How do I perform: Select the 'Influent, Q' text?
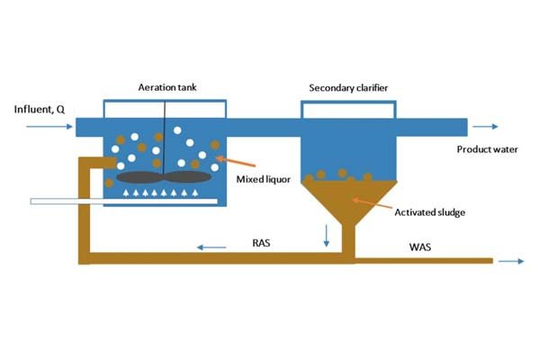pyautogui.click(x=40, y=110)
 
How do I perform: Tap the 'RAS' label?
pyautogui.click(x=261, y=241)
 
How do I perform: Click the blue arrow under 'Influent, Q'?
pyautogui.click(x=49, y=127)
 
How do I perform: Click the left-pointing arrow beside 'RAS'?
pyautogui.click(x=212, y=245)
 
